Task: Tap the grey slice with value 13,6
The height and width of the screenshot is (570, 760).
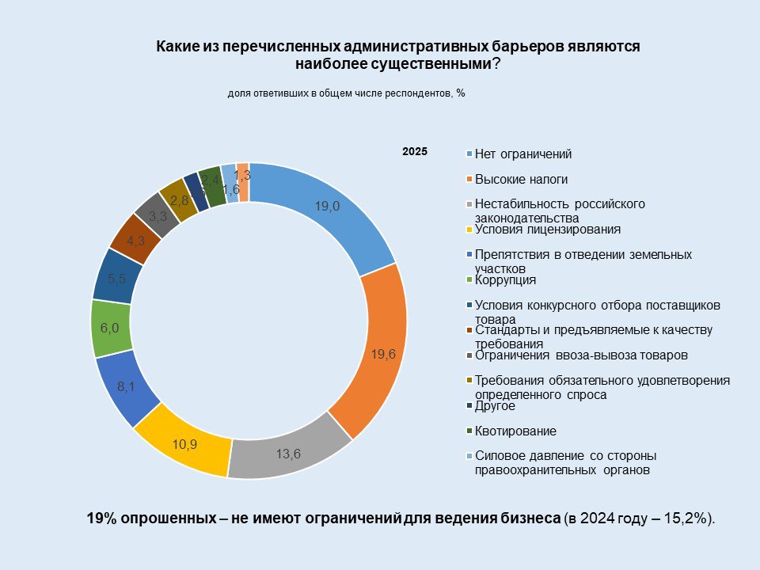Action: [x=290, y=453]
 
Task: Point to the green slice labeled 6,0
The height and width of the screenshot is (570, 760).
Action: [x=111, y=328]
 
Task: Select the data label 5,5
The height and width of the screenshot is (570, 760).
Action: [x=118, y=278]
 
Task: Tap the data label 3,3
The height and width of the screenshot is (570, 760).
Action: [x=158, y=215]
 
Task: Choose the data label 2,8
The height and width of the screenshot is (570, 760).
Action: [x=180, y=200]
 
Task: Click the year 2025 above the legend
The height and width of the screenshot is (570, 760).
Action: [x=414, y=151]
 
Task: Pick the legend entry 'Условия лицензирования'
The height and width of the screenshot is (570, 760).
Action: [x=547, y=230]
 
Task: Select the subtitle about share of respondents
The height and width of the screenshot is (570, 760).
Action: [x=346, y=93]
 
